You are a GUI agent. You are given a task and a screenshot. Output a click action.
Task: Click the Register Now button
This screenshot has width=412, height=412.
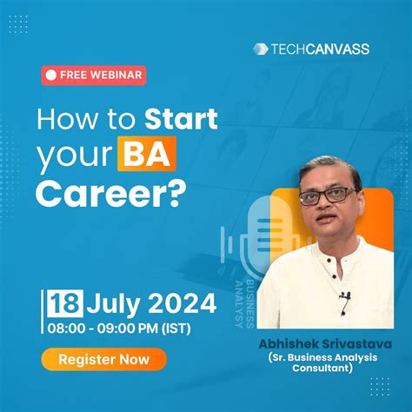[103, 357]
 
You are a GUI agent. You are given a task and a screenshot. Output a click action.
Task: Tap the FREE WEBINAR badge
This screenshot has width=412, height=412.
[94, 75]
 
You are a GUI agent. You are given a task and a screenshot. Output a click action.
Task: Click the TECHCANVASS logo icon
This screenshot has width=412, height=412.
[258, 49]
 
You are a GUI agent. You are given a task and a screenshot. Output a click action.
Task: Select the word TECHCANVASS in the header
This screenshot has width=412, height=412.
[317, 49]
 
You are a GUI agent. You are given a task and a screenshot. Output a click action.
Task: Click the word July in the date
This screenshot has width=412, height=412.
[113, 304]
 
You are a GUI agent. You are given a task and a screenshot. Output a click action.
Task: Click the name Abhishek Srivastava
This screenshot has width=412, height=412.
[324, 343]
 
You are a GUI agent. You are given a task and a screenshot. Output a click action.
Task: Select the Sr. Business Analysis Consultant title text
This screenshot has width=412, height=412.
[324, 362]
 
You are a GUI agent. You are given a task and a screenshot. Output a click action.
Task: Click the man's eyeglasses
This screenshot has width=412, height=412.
[326, 195]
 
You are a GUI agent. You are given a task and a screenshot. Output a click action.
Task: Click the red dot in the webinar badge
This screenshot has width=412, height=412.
[51, 75]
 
